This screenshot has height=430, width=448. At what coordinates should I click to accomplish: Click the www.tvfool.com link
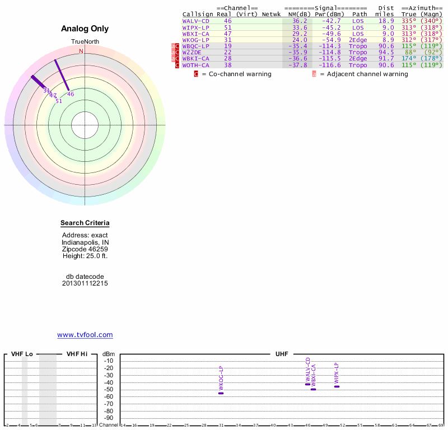click(x=85, y=335)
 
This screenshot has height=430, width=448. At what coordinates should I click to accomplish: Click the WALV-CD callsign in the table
click(x=196, y=21)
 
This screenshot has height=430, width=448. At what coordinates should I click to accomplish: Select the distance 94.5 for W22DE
click(x=384, y=52)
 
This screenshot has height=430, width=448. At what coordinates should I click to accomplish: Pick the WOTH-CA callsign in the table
click(x=196, y=66)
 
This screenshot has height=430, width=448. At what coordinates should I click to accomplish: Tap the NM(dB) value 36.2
click(x=300, y=21)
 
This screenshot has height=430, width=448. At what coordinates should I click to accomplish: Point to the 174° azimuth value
click(x=409, y=59)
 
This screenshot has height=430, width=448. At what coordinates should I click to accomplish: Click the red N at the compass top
click(x=81, y=51)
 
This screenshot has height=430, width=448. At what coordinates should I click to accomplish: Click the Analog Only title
click(x=85, y=29)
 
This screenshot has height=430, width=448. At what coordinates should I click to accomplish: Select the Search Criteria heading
click(x=85, y=223)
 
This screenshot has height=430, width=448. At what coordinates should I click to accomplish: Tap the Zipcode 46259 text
click(x=85, y=249)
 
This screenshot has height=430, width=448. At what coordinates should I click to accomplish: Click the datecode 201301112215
click(x=85, y=283)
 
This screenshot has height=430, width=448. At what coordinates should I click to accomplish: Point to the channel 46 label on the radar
click(x=71, y=94)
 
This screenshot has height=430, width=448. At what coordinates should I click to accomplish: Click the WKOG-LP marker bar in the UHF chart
click(x=221, y=393)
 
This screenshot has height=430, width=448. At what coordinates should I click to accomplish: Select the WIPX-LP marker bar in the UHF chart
click(x=337, y=386)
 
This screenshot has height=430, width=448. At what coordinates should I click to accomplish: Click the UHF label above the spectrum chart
click(x=281, y=354)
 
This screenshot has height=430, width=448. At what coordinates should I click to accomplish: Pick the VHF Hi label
click(x=77, y=354)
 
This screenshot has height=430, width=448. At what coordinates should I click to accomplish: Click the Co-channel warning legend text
click(x=236, y=74)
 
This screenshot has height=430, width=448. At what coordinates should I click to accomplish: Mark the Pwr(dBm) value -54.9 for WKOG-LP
click(x=330, y=40)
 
